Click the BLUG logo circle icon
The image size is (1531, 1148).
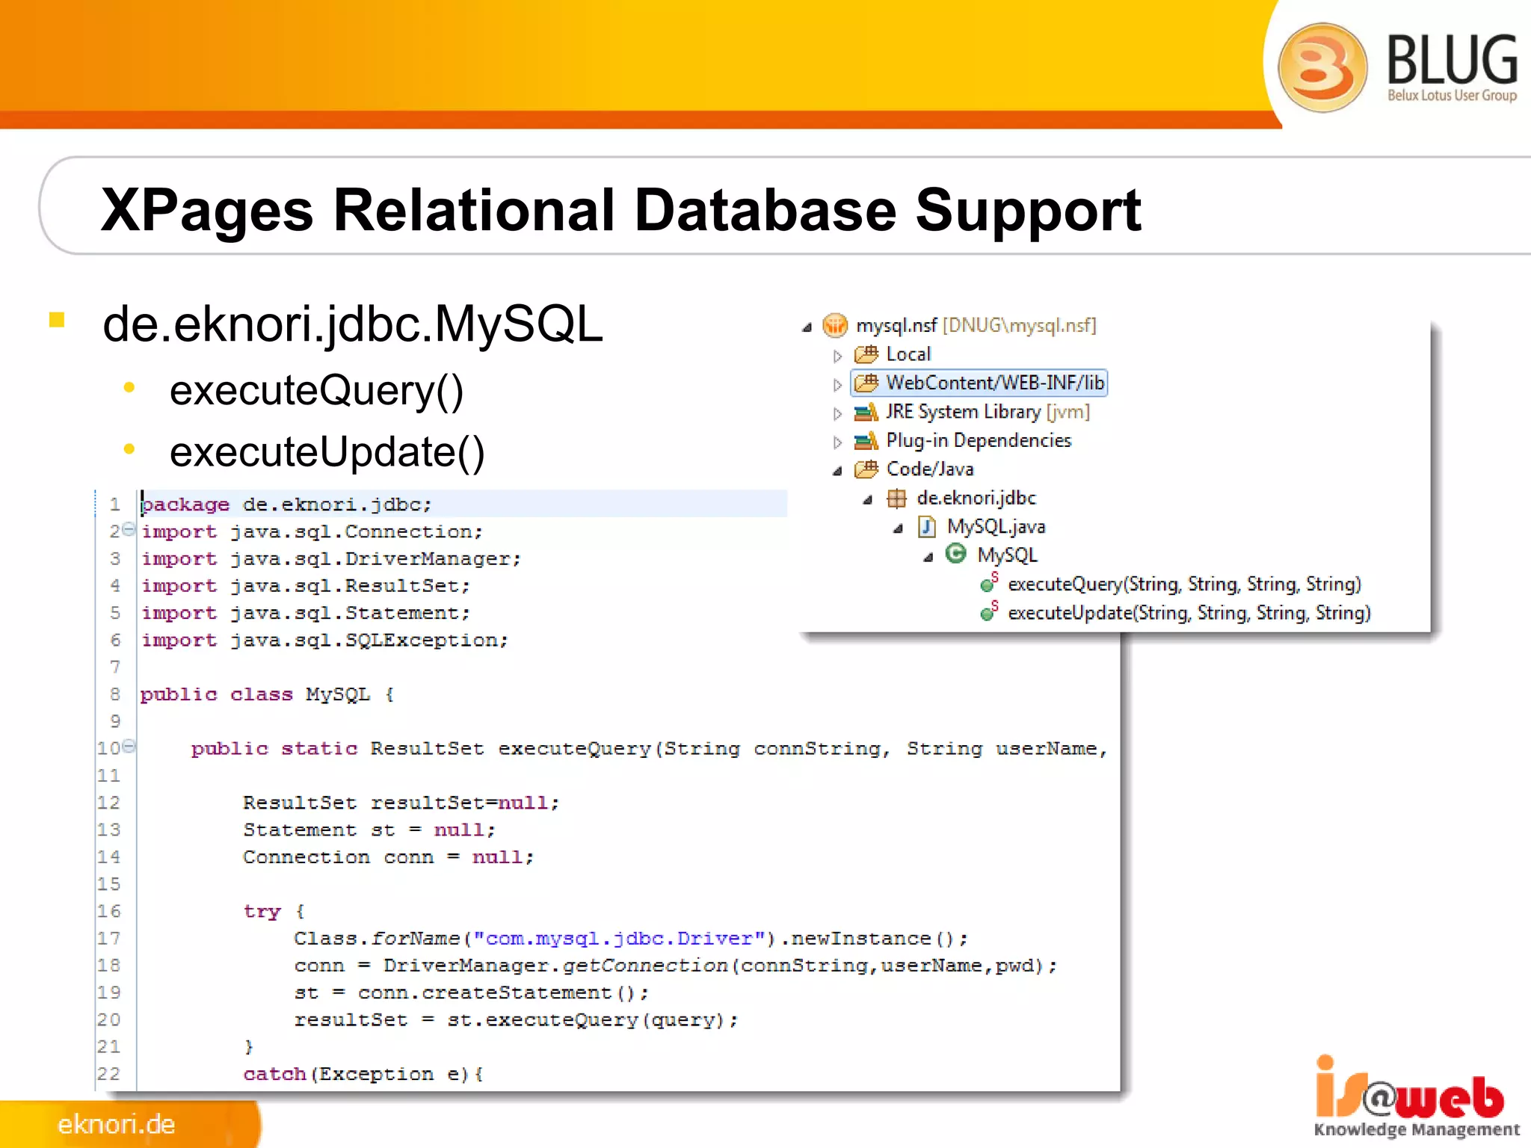tap(1322, 67)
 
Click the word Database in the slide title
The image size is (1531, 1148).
tap(764, 210)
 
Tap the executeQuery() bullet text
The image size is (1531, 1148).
tap(316, 390)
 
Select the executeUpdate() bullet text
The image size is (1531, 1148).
tap(327, 452)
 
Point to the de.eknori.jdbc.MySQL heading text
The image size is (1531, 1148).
tap(352, 324)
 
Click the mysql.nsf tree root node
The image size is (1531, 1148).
tap(896, 326)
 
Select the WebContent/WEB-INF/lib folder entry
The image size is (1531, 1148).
tap(994, 383)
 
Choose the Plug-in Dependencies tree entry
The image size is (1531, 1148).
tap(978, 441)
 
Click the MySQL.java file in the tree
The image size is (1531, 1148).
tap(995, 527)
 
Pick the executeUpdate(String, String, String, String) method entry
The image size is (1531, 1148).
tap(1189, 614)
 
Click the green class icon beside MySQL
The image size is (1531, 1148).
tap(955, 554)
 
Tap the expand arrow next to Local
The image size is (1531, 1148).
tap(837, 356)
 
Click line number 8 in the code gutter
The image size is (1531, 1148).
tap(115, 694)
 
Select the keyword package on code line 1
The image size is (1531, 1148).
tap(185, 505)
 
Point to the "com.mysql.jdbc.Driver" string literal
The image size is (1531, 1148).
tap(620, 939)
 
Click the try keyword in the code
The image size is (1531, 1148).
tap(262, 912)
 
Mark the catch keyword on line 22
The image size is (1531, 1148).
tap(274, 1075)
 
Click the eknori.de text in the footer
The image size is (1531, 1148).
tap(117, 1124)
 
